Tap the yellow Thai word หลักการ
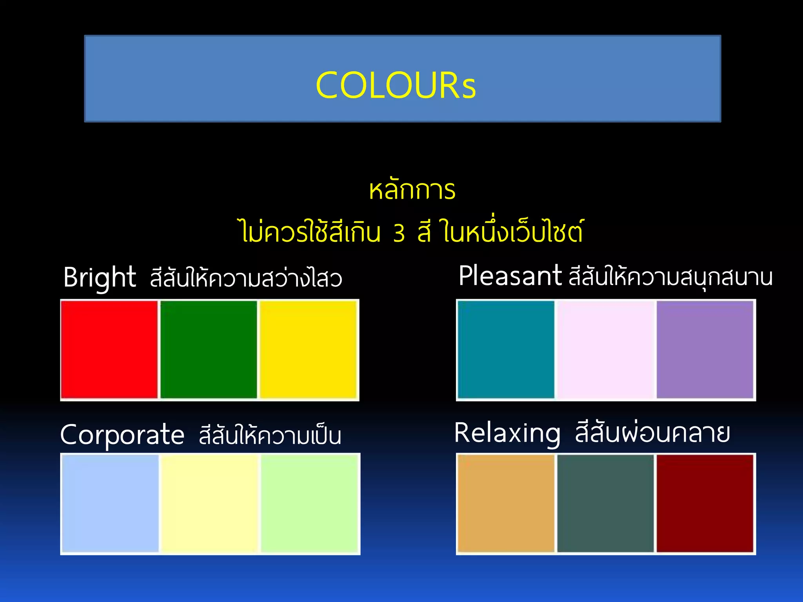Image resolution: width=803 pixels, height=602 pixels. click(x=412, y=190)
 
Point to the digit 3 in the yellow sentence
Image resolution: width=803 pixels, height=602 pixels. click(x=399, y=233)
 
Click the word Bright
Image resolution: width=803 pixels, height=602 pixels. click(x=100, y=277)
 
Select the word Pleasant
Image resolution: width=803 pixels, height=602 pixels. click(x=510, y=276)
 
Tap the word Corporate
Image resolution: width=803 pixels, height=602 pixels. click(x=122, y=435)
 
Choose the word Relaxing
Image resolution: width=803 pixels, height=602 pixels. click(x=507, y=433)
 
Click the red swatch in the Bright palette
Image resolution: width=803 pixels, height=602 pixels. click(x=109, y=349)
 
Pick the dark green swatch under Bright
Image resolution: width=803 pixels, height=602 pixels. click(x=209, y=349)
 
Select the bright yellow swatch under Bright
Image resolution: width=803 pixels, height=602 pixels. click(x=308, y=349)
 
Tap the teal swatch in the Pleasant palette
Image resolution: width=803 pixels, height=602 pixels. click(x=506, y=349)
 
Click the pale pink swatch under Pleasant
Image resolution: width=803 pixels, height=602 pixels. click(x=606, y=349)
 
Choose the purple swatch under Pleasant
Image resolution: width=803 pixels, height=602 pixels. click(x=705, y=349)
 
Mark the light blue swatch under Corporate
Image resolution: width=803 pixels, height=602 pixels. click(x=111, y=503)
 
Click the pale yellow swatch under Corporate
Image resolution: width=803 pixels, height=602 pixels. click(x=210, y=503)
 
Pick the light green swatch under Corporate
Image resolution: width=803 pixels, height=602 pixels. click(x=309, y=503)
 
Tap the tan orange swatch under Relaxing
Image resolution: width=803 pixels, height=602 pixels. click(x=506, y=503)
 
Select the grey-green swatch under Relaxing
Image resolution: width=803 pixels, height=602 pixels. click(x=605, y=503)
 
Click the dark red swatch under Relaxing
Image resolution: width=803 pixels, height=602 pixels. click(x=705, y=503)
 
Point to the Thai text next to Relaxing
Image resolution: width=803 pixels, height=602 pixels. click(x=652, y=433)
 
